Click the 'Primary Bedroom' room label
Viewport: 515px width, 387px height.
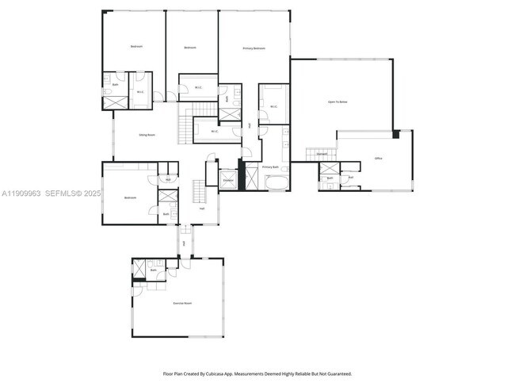pos(254,49)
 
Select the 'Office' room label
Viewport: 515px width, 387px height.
pos(379,159)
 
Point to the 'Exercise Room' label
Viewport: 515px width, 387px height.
pos(183,304)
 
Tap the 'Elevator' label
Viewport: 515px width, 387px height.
pos(227,180)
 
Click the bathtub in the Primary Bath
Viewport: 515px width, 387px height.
pos(277,184)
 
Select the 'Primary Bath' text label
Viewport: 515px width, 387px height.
pos(271,167)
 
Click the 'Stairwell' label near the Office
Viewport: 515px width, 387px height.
pos(322,153)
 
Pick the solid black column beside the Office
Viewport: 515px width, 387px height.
pos(396,135)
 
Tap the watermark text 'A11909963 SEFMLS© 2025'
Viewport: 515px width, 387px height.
pos(47,193)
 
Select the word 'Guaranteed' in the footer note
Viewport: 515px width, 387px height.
pos(336,374)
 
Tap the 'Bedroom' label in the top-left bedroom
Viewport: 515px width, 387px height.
pos(137,47)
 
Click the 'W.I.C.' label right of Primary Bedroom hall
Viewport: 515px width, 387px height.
pos(273,106)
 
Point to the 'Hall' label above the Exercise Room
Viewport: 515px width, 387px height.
pos(184,243)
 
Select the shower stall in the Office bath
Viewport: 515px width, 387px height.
pos(329,167)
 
